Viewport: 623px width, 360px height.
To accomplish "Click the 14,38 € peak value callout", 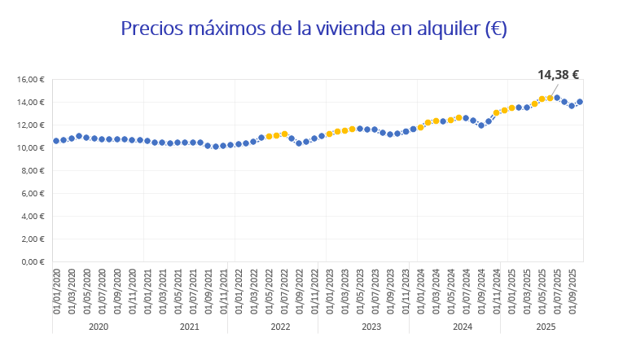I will pyautogui.click(x=558, y=75).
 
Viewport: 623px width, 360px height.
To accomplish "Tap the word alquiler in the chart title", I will pyautogui.click(x=438, y=29).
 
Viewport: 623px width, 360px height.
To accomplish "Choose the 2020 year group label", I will pyautogui.click(x=98, y=327).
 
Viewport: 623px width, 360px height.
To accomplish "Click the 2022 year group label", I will pyautogui.click(x=280, y=327).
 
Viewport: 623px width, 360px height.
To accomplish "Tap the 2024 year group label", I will pyautogui.click(x=463, y=327).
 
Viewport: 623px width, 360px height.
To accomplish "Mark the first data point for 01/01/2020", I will pyautogui.click(x=56, y=141).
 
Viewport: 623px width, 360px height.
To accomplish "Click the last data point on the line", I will pyautogui.click(x=580, y=102).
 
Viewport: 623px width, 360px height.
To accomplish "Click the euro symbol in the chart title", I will pyautogui.click(x=494, y=29).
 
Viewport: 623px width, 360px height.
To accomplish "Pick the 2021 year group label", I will pyautogui.click(x=189, y=327).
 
